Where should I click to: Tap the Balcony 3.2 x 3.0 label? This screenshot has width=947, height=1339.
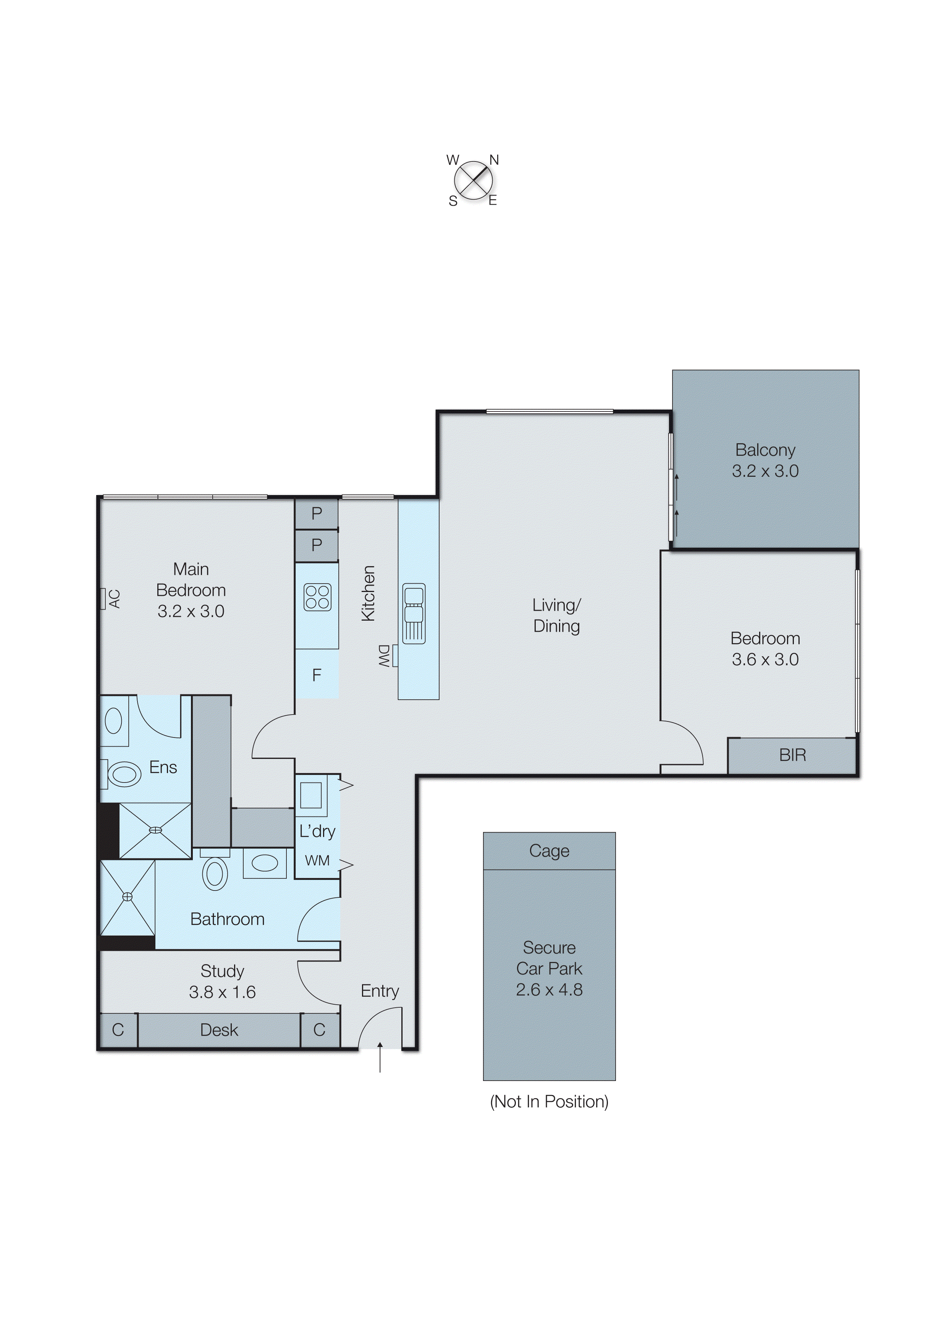coord(765,461)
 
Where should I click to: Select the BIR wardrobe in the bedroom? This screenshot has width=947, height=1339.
coord(792,756)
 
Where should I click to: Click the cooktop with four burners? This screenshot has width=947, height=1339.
coord(317,597)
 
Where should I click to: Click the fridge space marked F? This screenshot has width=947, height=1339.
coord(317,675)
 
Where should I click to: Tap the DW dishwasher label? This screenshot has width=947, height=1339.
coord(384,656)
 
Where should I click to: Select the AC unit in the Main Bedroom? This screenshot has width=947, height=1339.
coord(103,599)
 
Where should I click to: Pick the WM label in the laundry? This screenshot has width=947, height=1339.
coord(317,861)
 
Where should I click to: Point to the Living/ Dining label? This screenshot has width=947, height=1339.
coord(556,615)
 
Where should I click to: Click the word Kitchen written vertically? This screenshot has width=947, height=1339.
coord(368,593)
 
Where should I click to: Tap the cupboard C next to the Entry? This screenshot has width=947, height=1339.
coord(319,1031)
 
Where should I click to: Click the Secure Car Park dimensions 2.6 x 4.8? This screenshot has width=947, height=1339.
coord(549,990)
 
